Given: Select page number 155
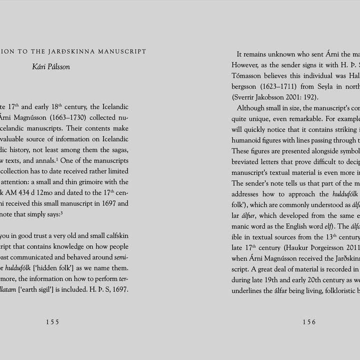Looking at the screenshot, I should click(52, 322).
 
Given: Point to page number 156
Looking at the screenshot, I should click(309, 322).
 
